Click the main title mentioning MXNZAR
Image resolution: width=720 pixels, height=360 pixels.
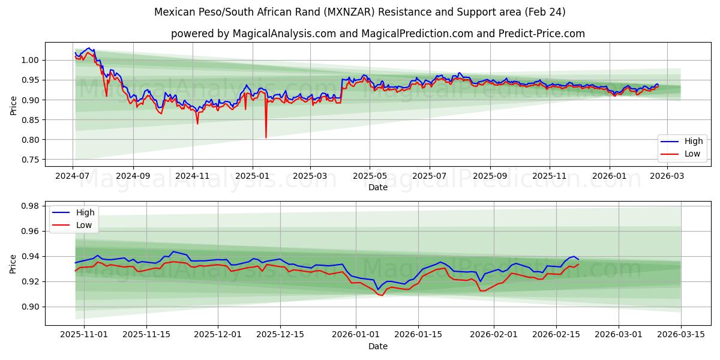click(x=359, y=12)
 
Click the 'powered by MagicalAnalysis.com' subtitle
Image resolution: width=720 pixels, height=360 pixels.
click(x=377, y=34)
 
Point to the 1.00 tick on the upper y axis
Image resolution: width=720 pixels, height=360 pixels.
click(x=31, y=60)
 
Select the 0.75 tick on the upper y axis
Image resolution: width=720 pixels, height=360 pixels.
click(x=31, y=160)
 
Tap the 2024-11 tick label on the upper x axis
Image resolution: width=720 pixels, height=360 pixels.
click(x=193, y=176)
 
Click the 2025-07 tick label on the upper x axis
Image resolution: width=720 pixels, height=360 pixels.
click(x=430, y=176)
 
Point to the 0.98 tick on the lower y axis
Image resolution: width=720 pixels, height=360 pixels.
click(x=31, y=206)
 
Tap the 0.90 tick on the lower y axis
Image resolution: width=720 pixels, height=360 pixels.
click(x=31, y=307)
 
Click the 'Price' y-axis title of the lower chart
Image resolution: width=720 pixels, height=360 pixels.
click(x=13, y=263)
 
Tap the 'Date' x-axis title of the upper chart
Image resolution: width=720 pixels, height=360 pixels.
click(x=377, y=187)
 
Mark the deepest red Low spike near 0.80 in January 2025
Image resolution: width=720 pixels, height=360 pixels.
click(x=266, y=137)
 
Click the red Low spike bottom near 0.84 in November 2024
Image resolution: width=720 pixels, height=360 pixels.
click(x=197, y=124)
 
